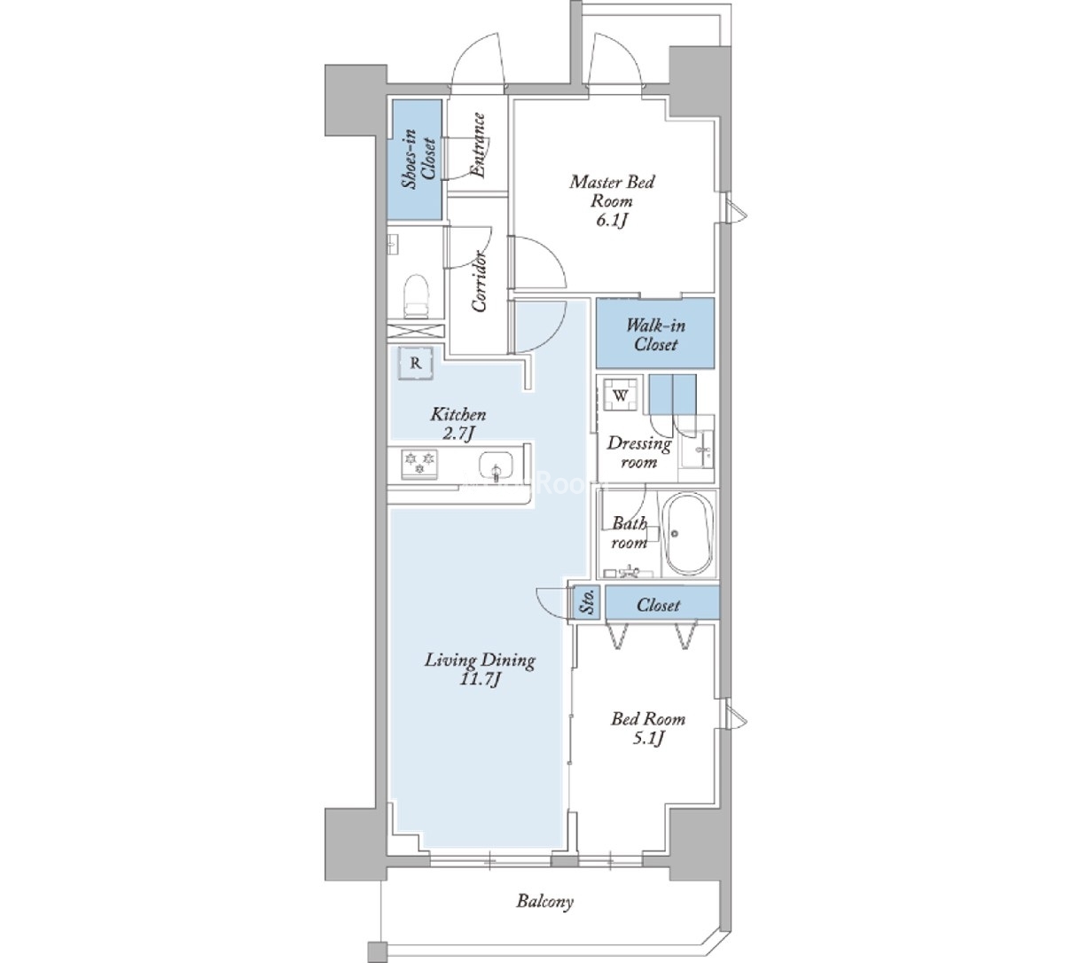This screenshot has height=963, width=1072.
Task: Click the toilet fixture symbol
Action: (418, 296)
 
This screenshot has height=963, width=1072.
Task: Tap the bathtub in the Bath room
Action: (687, 535)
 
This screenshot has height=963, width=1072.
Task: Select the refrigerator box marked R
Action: (416, 363)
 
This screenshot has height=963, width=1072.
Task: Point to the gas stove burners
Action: (420, 463)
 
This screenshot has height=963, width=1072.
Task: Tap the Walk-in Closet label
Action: (655, 335)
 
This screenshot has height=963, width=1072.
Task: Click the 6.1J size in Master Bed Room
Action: (611, 220)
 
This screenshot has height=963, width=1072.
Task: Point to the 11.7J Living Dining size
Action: (480, 679)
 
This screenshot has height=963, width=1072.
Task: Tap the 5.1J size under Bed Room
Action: (648, 738)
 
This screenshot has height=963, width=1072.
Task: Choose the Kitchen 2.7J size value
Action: (458, 434)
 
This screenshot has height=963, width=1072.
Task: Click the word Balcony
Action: (545, 901)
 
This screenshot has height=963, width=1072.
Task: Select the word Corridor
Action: (480, 280)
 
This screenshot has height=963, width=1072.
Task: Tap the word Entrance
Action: (478, 145)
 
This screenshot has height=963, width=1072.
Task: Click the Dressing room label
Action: (639, 453)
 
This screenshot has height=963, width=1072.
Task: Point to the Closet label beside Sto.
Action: (658, 604)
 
